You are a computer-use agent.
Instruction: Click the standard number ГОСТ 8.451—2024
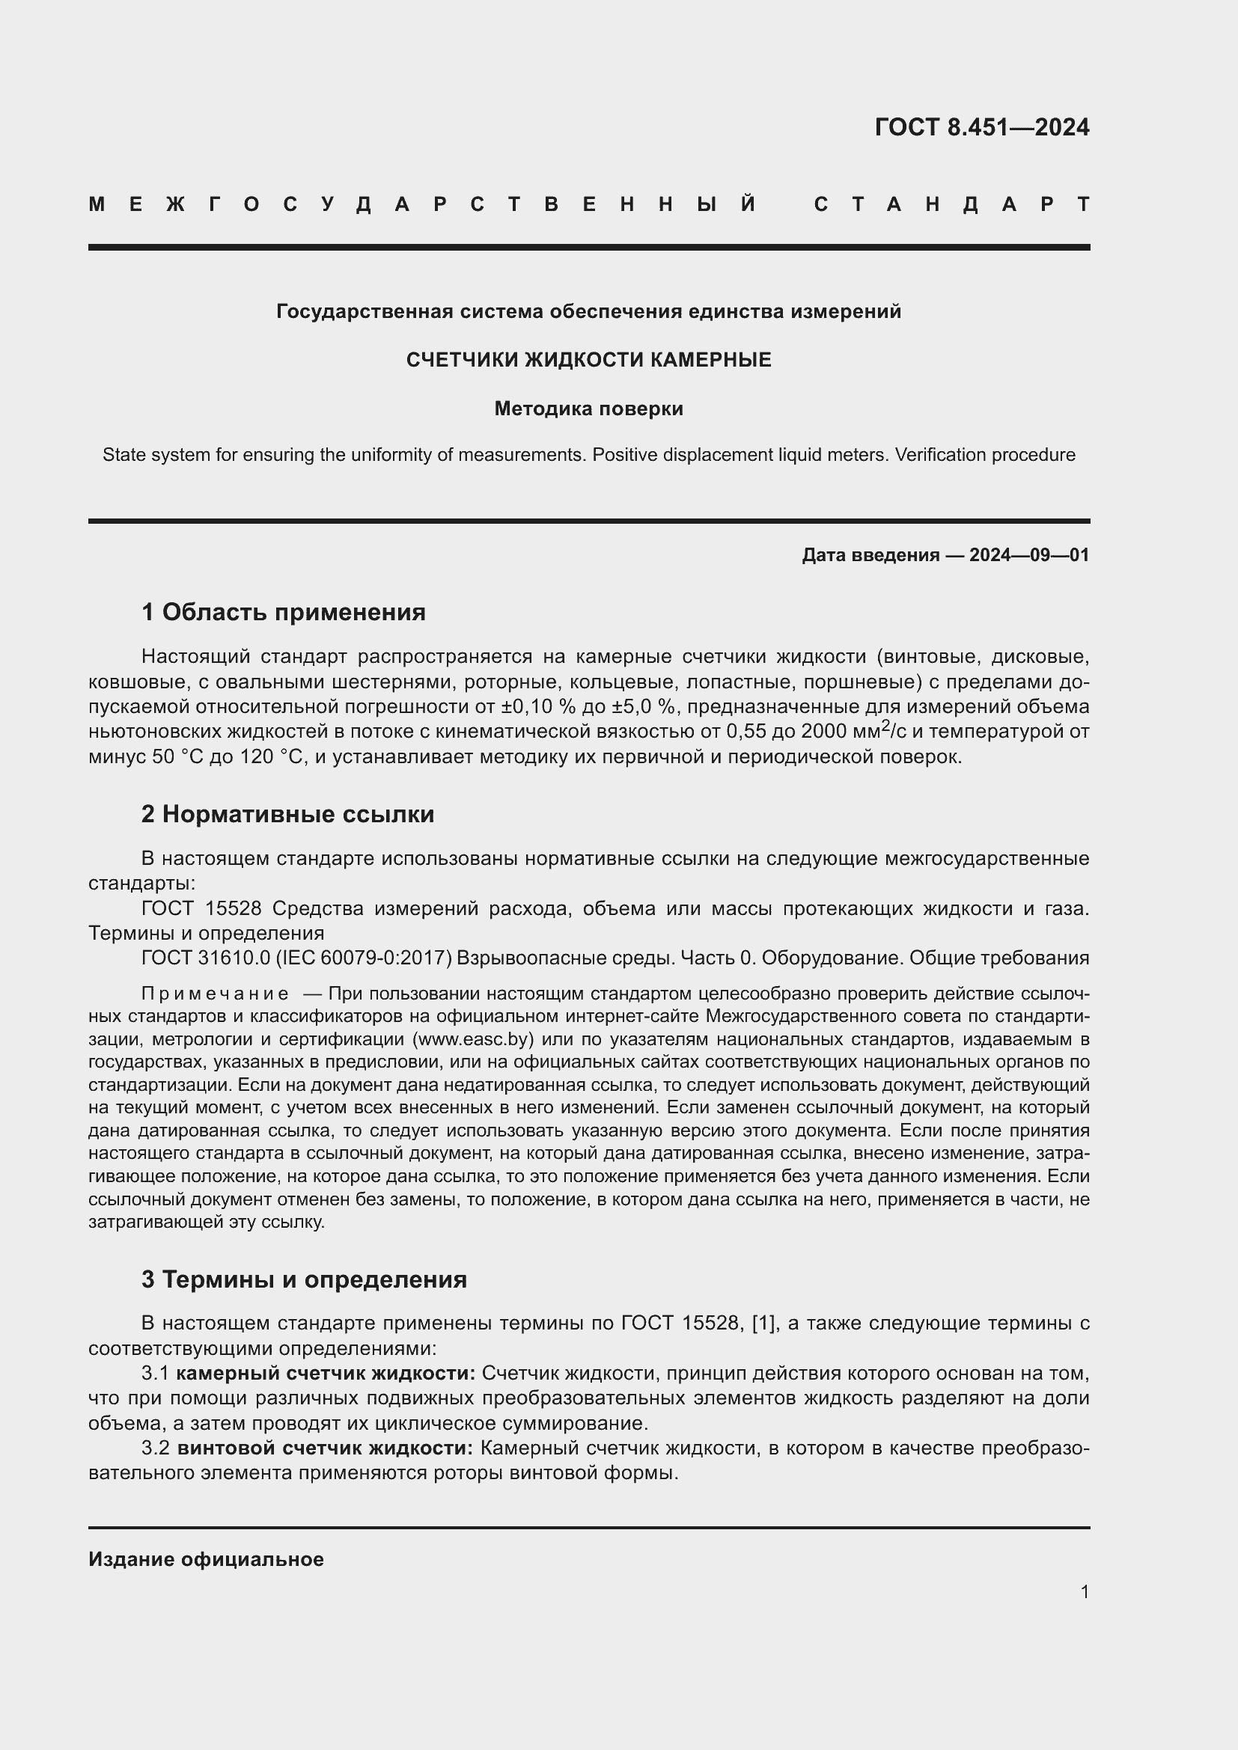[981, 127]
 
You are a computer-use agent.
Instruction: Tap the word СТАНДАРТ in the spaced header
[951, 204]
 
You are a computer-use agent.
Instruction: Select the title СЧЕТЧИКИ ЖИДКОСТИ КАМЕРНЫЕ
[588, 360]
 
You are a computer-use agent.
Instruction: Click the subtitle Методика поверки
[588, 409]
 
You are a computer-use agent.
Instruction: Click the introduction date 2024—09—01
[1028, 555]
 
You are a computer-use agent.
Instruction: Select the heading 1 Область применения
[283, 612]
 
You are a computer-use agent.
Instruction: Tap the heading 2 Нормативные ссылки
[287, 814]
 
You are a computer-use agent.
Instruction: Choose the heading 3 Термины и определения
[303, 1279]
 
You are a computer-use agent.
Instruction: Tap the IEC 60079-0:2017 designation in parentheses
[368, 958]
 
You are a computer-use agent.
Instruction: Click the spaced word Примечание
[215, 994]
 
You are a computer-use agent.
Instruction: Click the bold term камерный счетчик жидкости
[326, 1374]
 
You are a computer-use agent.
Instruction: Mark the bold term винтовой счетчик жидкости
[325, 1448]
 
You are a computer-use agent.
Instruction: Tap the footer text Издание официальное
[206, 1559]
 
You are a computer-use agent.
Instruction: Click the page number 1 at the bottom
[1084, 1591]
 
